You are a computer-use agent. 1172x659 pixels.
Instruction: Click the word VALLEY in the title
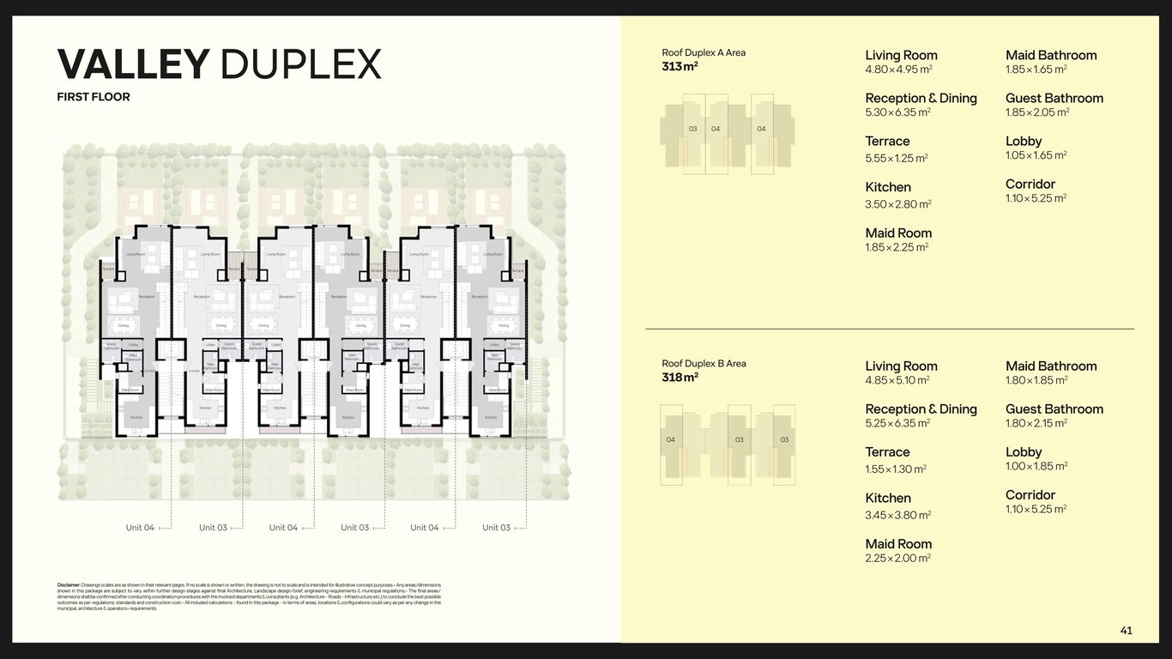point(133,65)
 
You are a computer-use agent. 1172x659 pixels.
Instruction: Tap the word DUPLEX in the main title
point(301,65)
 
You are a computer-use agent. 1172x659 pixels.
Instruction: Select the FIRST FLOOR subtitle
point(94,97)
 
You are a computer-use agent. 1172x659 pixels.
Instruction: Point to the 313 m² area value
point(680,66)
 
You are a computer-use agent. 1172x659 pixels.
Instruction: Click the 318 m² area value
point(680,377)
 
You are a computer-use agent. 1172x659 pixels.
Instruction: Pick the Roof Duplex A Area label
point(704,52)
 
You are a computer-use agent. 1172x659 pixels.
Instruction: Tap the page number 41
point(1126,631)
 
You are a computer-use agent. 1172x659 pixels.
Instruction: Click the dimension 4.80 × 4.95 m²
point(898,70)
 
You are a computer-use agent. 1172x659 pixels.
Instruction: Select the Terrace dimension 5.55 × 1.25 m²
point(897,158)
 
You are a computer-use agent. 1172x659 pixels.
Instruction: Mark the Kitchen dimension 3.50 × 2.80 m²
point(898,204)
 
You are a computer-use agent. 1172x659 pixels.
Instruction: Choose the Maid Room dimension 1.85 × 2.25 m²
point(897,247)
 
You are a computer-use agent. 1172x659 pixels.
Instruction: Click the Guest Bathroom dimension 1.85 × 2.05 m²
point(1037,112)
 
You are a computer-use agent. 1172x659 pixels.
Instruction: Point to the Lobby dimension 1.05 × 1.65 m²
point(1036,155)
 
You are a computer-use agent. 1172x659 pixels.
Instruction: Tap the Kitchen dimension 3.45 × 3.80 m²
point(898,515)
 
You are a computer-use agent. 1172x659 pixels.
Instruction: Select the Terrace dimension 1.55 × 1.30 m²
point(896,469)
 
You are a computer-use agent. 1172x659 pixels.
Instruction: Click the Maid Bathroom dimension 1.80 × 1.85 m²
point(1036,380)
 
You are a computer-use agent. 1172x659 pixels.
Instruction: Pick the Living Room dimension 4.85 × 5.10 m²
point(897,380)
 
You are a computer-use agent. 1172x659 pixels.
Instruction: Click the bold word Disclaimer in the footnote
point(69,584)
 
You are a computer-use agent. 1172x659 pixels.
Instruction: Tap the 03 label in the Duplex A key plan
point(693,130)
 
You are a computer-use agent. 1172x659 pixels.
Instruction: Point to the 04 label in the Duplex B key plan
point(671,440)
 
